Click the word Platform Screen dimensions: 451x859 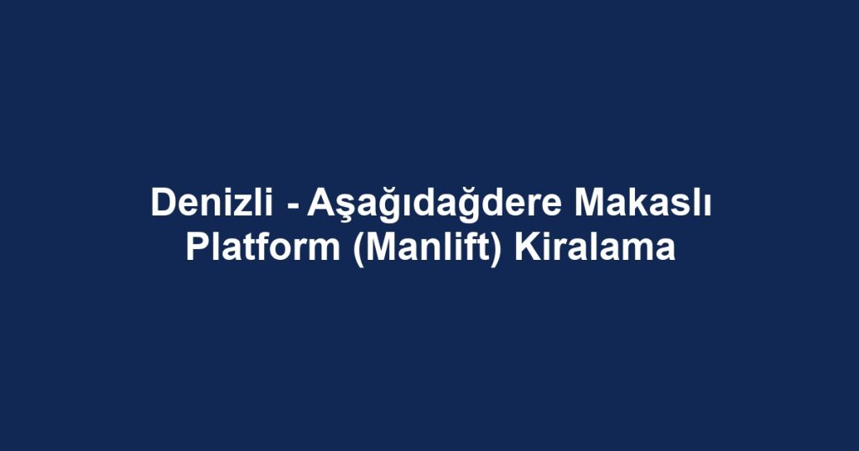point(261,248)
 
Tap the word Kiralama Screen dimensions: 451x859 point(594,248)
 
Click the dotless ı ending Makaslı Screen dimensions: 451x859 point(707,205)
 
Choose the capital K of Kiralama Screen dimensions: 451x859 point(524,248)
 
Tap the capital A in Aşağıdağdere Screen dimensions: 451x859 point(318,204)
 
